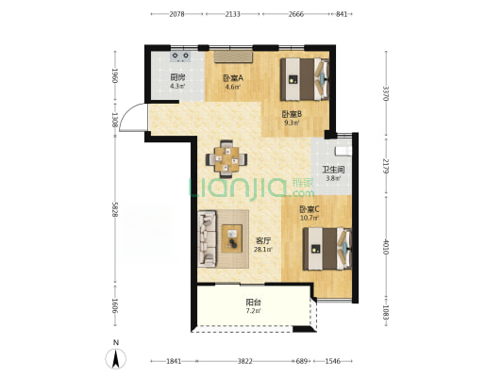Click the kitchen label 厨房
pos(177,77)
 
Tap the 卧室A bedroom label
pos(233,78)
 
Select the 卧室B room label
pos(292,114)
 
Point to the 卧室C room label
pos(309,209)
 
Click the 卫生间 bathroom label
pos(333,170)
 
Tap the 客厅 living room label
pos(263,240)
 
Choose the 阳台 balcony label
pos(254,302)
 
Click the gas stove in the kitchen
pos(180,57)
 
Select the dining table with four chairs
pos(226,159)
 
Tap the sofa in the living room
pos(207,238)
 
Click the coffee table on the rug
pos(232,238)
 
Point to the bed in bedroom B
pos(305,79)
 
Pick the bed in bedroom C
pos(327,249)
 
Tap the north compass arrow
pos(116,358)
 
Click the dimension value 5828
pos(114,209)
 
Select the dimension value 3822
pos(244,361)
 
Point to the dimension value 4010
pos(386,247)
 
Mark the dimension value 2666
pos(295,14)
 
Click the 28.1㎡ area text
pos(263,250)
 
